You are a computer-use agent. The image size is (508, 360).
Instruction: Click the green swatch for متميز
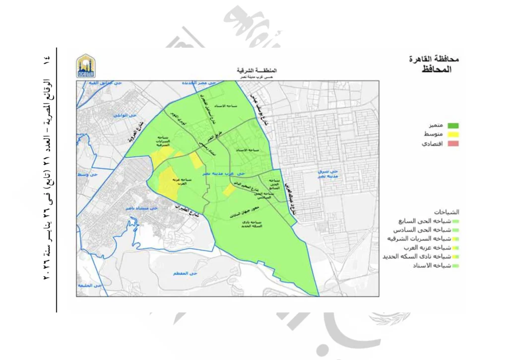click(x=452, y=126)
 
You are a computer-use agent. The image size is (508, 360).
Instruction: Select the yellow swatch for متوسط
click(x=452, y=135)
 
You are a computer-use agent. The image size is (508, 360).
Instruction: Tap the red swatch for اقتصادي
click(x=452, y=144)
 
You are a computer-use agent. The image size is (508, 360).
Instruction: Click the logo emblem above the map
click(x=86, y=66)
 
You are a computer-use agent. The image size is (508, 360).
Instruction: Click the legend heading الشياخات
click(x=446, y=212)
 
